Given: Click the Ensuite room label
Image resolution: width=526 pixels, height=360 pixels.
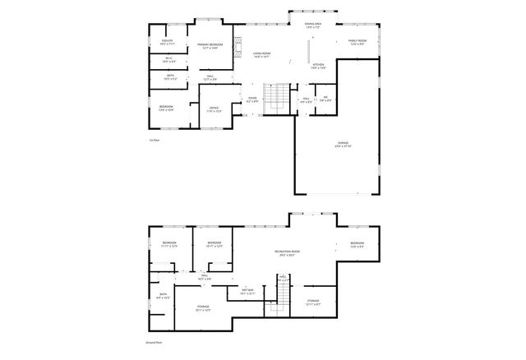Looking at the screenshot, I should [x=168, y=43].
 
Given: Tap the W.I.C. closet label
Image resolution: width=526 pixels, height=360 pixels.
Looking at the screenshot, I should [x=168, y=60].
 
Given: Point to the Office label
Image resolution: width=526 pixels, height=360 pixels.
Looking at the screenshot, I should [x=213, y=109].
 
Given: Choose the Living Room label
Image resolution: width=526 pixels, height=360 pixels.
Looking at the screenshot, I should [x=261, y=56].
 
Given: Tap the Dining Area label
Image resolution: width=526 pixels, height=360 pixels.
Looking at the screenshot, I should [x=313, y=26].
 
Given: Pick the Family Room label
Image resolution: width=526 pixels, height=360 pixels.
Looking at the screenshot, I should [x=357, y=42].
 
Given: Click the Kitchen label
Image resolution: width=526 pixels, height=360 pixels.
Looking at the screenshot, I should [x=319, y=65].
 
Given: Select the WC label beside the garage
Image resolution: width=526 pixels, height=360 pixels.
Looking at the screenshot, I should [x=325, y=99].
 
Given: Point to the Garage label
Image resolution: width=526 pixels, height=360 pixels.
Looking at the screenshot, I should [x=342, y=144].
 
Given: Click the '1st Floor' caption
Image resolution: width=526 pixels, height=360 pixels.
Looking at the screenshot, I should [x=154, y=141].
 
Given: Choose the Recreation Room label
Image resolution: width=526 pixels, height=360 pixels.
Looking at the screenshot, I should [x=287, y=253].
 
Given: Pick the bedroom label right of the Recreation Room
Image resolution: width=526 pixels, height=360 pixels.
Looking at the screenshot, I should [x=357, y=244].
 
